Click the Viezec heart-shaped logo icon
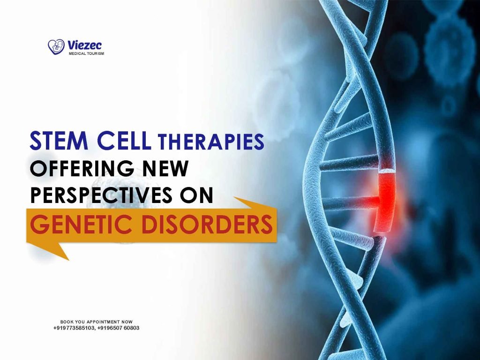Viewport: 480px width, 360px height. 56,46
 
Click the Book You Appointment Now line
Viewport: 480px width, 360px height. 97,322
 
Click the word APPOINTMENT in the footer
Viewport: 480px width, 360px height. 104,322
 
